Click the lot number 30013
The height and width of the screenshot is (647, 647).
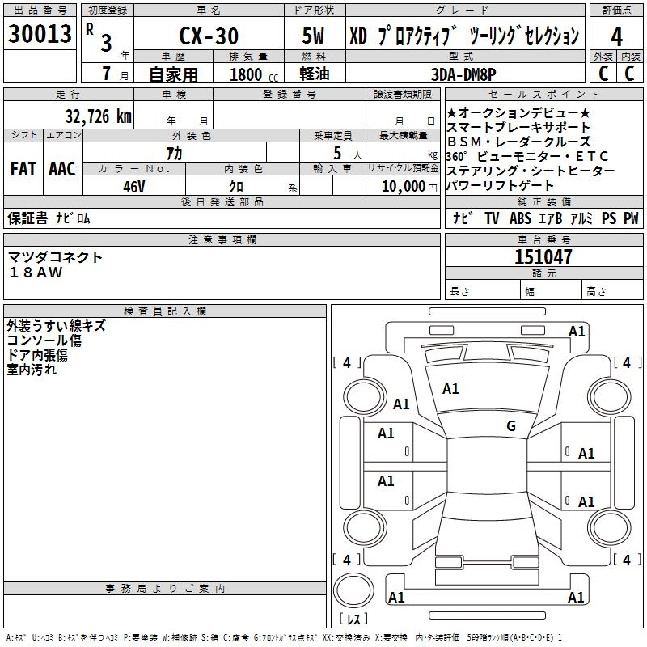40,34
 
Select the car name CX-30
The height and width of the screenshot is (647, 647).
208,36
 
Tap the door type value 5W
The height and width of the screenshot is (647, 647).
315,36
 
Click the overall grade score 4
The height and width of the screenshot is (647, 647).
616,36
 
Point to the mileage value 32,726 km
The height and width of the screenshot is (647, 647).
98,116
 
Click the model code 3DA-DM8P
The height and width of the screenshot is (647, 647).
463,74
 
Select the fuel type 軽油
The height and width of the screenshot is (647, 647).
315,74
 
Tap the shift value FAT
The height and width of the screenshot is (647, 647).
23,169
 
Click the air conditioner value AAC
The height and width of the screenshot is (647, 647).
61,169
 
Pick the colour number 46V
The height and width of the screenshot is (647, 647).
134,187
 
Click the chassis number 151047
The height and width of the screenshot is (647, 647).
543,257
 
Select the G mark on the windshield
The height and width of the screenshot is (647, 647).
510,426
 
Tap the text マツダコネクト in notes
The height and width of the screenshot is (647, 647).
56,257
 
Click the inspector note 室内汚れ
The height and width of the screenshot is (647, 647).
32,370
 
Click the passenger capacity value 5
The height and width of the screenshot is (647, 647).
336,152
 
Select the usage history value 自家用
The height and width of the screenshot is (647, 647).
173,74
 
